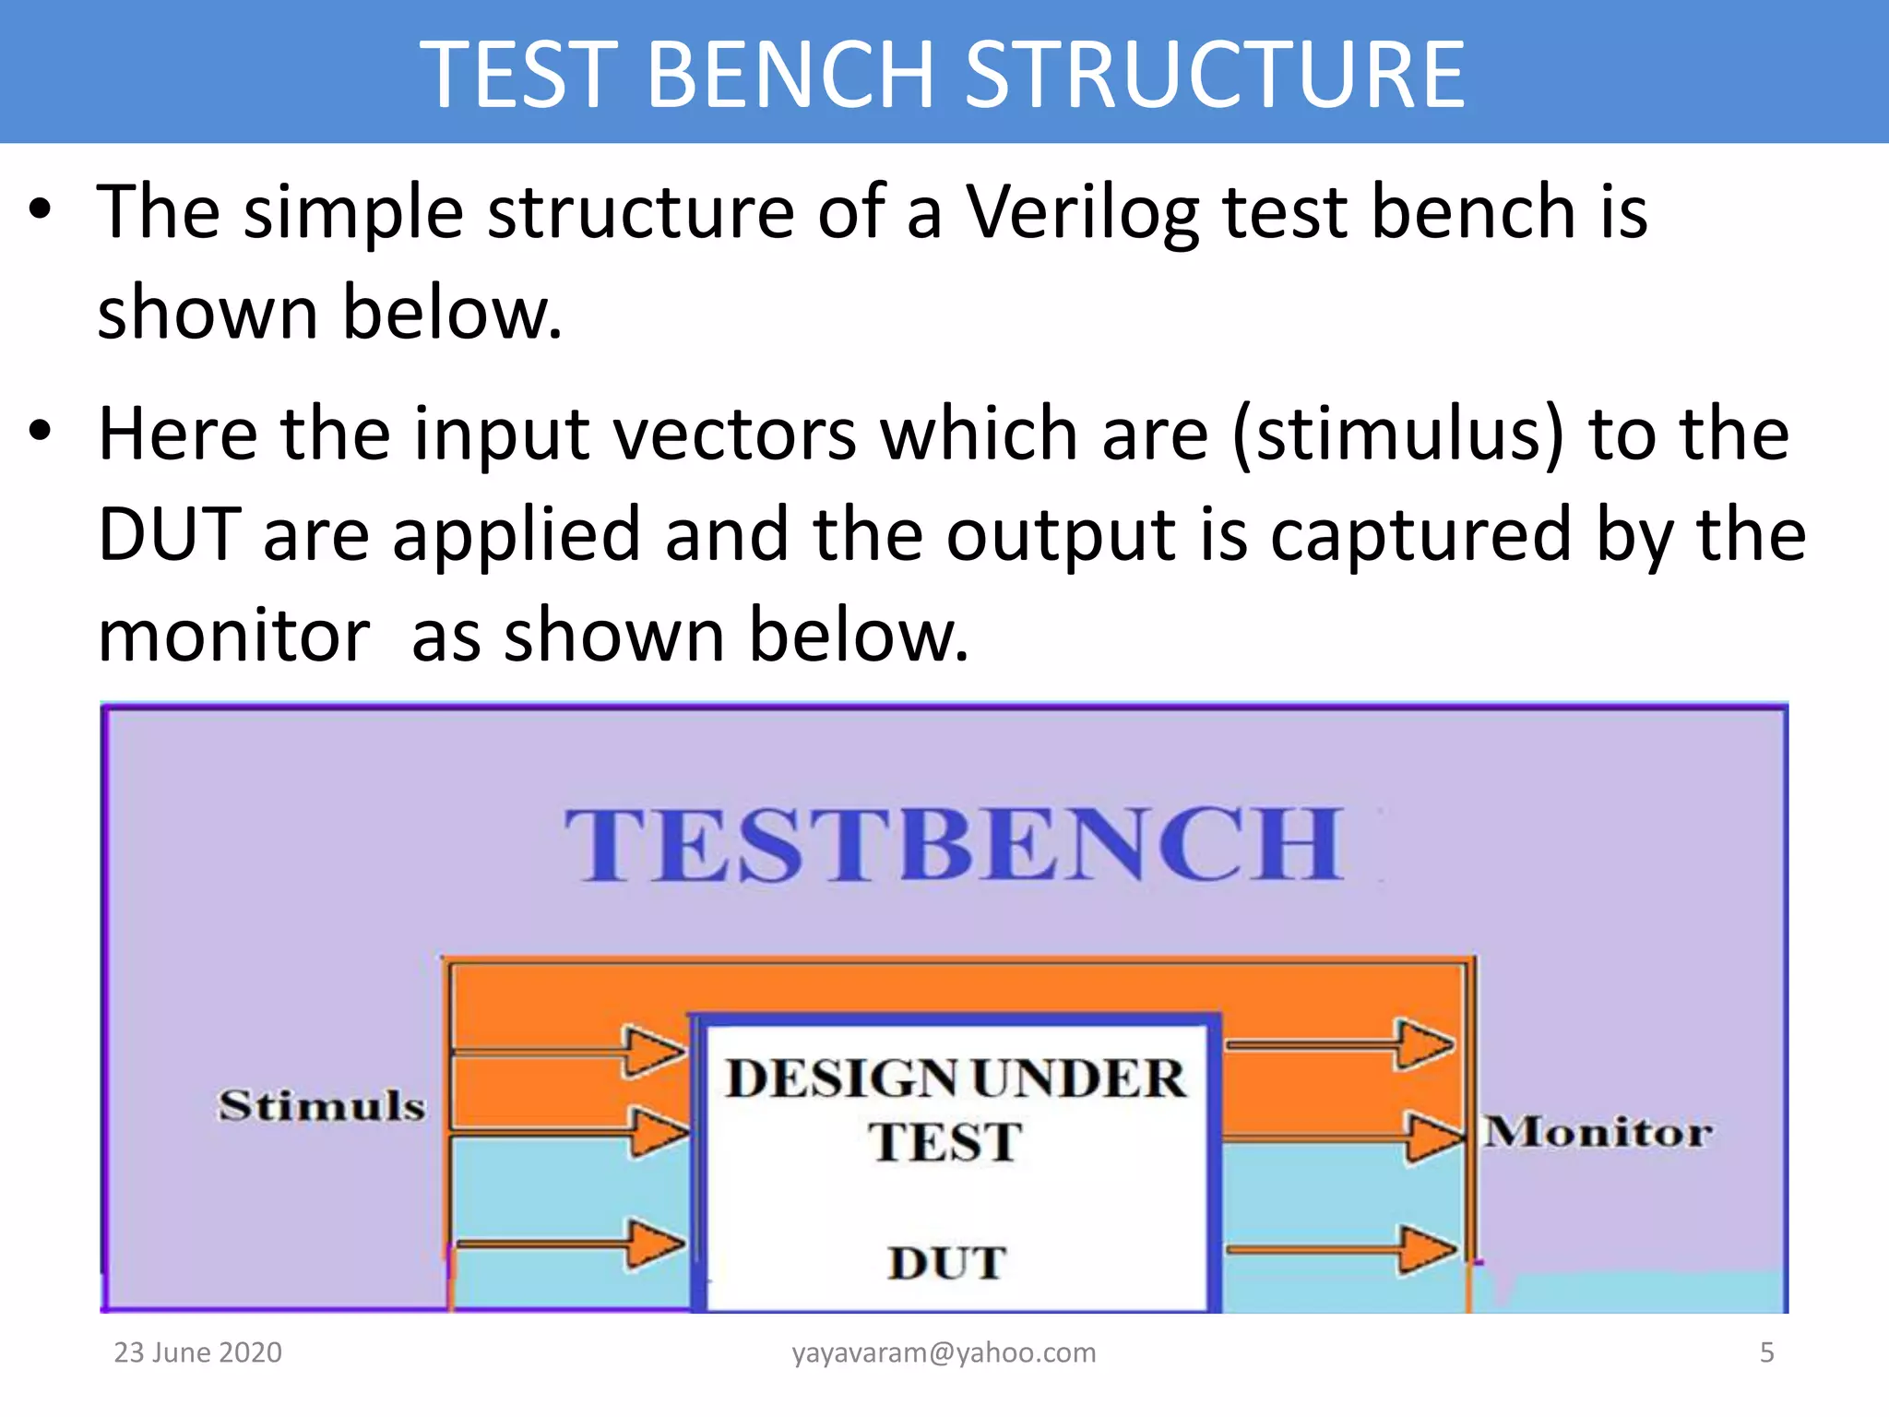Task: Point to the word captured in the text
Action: point(1420,535)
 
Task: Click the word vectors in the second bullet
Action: point(734,434)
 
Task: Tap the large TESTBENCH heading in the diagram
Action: point(954,844)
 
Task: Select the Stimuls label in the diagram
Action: point(321,1104)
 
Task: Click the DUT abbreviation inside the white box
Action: point(946,1263)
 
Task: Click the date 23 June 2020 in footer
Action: point(197,1352)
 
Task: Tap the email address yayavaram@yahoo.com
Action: point(944,1353)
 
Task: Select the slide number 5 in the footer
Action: point(1766,1352)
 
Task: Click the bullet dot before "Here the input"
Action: point(39,431)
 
